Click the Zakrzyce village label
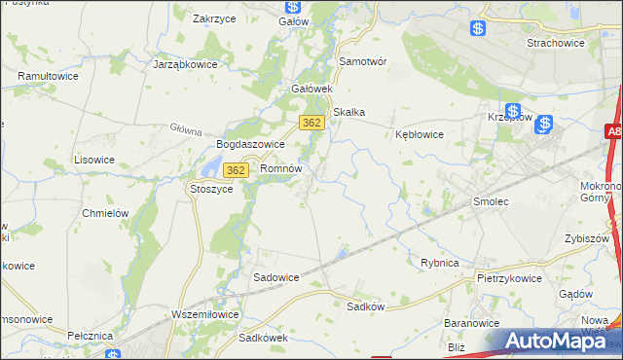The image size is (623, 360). point(217,18)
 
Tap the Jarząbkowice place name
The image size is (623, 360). point(185,64)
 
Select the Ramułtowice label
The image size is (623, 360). point(48,75)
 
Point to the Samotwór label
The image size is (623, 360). point(362,60)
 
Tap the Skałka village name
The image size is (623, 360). point(348,112)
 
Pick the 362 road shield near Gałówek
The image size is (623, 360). point(311,123)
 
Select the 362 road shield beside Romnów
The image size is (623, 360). point(235,170)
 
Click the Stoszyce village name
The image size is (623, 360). point(211,189)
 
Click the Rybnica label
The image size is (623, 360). point(439,263)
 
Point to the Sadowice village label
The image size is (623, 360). point(275,277)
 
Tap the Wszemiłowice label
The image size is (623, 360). point(203,314)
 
